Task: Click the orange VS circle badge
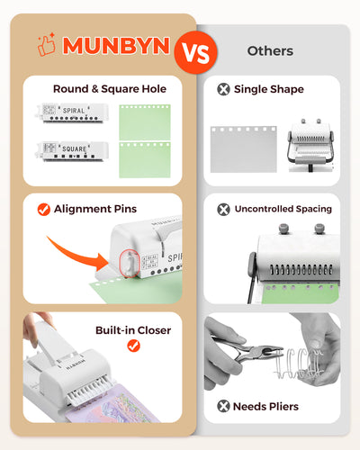[x=195, y=52]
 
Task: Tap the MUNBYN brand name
[x=116, y=46]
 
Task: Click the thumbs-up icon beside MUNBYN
[x=47, y=44]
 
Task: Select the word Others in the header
[x=270, y=51]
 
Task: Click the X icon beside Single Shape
[x=223, y=89]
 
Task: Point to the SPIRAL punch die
[x=72, y=112]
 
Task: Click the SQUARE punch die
[x=72, y=151]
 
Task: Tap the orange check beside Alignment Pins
[x=44, y=209]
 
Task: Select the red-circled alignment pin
[x=130, y=264]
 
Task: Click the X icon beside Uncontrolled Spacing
[x=223, y=210]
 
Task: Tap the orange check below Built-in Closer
[x=133, y=346]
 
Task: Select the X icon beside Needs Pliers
[x=223, y=406]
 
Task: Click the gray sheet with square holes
[x=243, y=149]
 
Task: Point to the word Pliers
[x=283, y=407]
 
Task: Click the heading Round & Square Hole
[x=110, y=89]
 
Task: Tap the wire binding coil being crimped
[x=299, y=364]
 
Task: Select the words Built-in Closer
[x=133, y=330]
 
